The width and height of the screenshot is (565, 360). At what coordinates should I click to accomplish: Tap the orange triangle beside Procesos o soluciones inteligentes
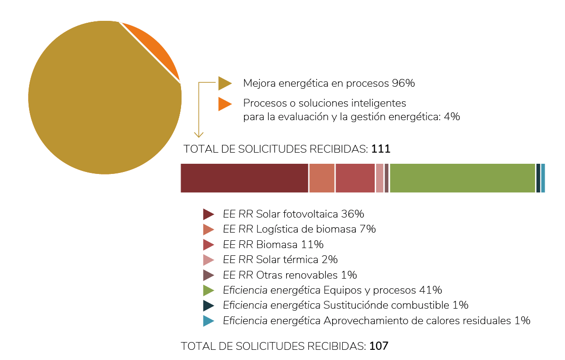pyautogui.click(x=224, y=104)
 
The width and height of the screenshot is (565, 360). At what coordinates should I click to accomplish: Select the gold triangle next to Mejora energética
pyautogui.click(x=224, y=83)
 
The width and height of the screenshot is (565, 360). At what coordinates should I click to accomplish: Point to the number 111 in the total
pyautogui.click(x=381, y=149)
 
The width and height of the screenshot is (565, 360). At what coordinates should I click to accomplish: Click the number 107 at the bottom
pyautogui.click(x=379, y=346)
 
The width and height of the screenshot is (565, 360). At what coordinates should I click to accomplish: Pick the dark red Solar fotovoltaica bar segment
pyautogui.click(x=244, y=178)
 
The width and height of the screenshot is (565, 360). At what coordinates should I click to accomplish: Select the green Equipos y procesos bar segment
pyautogui.click(x=462, y=178)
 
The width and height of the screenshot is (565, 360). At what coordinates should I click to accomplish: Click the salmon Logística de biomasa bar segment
pyautogui.click(x=321, y=178)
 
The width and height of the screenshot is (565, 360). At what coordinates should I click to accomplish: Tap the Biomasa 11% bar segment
pyautogui.click(x=355, y=178)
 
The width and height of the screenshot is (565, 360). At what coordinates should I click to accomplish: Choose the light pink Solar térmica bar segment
pyautogui.click(x=380, y=178)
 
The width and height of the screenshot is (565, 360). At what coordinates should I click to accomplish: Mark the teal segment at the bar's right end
pyautogui.click(x=543, y=178)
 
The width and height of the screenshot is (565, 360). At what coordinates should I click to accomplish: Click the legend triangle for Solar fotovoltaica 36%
pyautogui.click(x=208, y=214)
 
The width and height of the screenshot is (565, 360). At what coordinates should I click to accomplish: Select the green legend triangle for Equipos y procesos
pyautogui.click(x=208, y=290)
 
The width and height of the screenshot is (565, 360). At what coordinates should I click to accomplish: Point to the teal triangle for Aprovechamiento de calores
pyautogui.click(x=208, y=321)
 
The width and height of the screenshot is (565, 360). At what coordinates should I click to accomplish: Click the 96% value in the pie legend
pyautogui.click(x=403, y=83)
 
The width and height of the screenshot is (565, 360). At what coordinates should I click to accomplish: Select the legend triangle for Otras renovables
pyautogui.click(x=208, y=275)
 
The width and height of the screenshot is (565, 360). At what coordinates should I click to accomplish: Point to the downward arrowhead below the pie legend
pyautogui.click(x=199, y=134)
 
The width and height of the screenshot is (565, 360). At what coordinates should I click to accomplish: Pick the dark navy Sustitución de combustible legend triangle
pyautogui.click(x=208, y=305)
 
